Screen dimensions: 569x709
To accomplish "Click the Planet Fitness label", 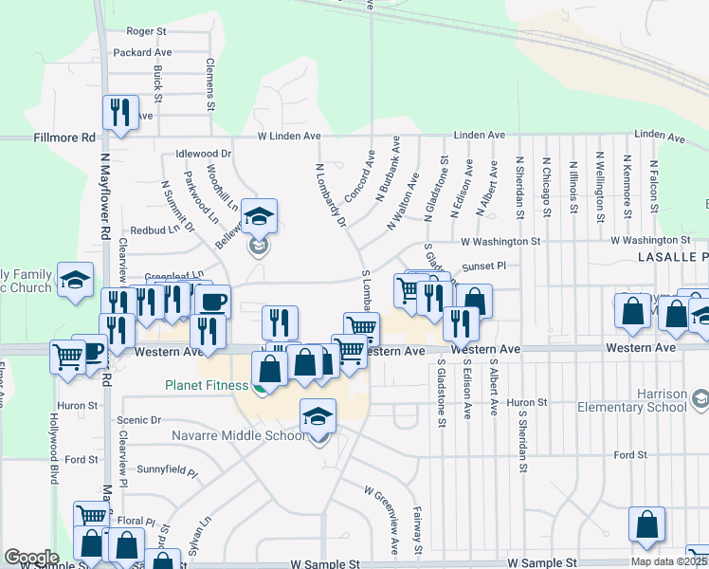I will pyautogui.click(x=208, y=385).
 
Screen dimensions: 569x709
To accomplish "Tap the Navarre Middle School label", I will pyautogui.click(x=238, y=435).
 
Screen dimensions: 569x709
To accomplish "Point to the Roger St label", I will pyautogui.click(x=146, y=31).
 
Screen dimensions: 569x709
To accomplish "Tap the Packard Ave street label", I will pyautogui.click(x=142, y=52).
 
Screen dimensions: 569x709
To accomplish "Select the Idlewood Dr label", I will pyautogui.click(x=204, y=154).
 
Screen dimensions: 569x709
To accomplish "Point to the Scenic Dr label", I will pyautogui.click(x=139, y=419).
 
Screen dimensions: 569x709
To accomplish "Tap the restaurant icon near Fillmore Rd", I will pyautogui.click(x=120, y=112).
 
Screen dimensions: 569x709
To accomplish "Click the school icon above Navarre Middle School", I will pyautogui.click(x=318, y=414).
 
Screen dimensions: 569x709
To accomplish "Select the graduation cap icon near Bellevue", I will pyautogui.click(x=259, y=216).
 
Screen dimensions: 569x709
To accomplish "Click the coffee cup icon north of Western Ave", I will pyautogui.click(x=213, y=302).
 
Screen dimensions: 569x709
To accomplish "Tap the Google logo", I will pyautogui.click(x=31, y=558).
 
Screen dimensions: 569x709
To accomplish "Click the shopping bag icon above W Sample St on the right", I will pyautogui.click(x=646, y=525).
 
